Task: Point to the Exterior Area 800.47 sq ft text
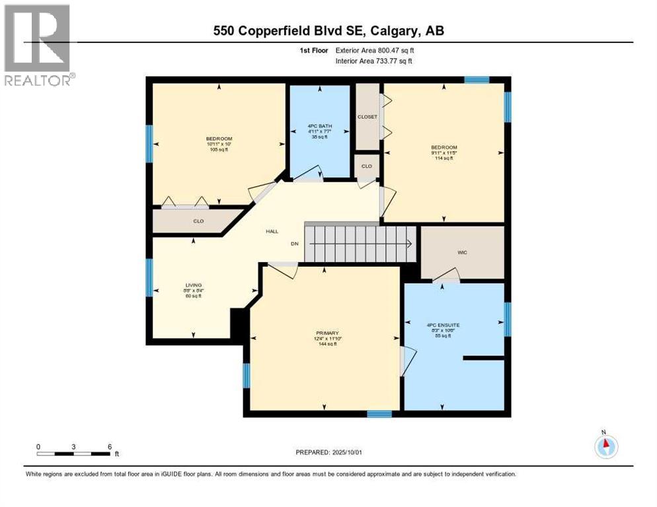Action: tap(375, 50)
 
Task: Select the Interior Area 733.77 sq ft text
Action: tap(374, 61)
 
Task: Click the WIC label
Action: tap(462, 252)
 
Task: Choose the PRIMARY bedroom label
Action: tap(324, 333)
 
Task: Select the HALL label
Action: tap(272, 232)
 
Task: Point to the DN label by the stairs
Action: tap(295, 244)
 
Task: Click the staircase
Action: tap(360, 244)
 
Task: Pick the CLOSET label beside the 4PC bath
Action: tap(367, 117)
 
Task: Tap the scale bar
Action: tap(73, 454)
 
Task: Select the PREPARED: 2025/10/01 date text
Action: tap(328, 452)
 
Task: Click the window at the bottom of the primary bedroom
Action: tap(379, 415)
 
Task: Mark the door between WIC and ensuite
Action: tap(446, 277)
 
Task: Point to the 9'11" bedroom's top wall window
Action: tap(476, 80)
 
